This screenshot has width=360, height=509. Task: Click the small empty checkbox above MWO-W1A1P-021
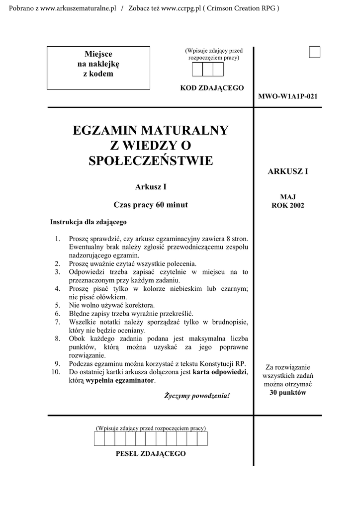click(x=314, y=52)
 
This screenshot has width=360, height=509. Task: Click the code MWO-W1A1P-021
click(x=288, y=96)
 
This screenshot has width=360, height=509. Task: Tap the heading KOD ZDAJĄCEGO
click(x=212, y=88)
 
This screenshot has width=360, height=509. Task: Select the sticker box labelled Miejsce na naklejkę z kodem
click(x=98, y=68)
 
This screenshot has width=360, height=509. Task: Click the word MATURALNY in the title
click(x=185, y=131)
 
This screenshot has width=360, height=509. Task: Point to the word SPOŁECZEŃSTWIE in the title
click(x=150, y=161)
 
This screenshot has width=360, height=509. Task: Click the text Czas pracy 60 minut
click(x=151, y=204)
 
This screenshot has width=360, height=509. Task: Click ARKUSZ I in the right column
click(x=288, y=171)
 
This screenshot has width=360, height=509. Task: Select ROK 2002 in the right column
click(x=288, y=205)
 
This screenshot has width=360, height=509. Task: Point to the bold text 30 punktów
click(x=288, y=393)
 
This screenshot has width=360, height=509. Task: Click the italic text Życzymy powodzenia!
click(x=197, y=396)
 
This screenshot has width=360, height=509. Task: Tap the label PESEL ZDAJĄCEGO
click(x=151, y=453)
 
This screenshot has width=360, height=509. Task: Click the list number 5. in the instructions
click(x=58, y=305)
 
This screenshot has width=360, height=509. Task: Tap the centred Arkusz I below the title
click(x=151, y=187)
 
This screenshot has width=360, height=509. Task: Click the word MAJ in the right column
click(x=288, y=197)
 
